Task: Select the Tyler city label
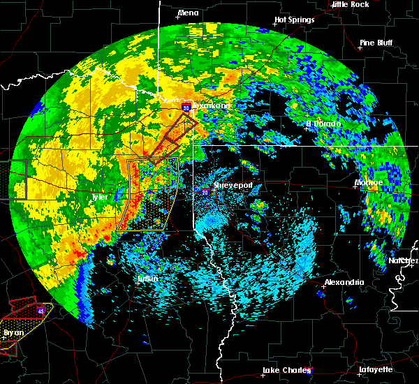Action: pos(100,197)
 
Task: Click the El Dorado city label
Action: pos(323,124)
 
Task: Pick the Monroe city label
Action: pos(369,182)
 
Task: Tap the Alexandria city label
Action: pos(344,282)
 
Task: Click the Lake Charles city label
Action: pos(284,370)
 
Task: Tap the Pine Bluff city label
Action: pos(376,43)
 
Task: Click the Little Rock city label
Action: pos(351,4)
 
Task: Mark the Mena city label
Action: pos(188,13)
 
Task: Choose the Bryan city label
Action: pos(13,332)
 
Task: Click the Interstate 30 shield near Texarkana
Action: pos(186,108)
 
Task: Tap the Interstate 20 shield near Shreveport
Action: pos(205,190)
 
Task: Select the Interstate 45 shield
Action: pos(41,310)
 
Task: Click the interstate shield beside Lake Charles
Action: pos(309,371)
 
